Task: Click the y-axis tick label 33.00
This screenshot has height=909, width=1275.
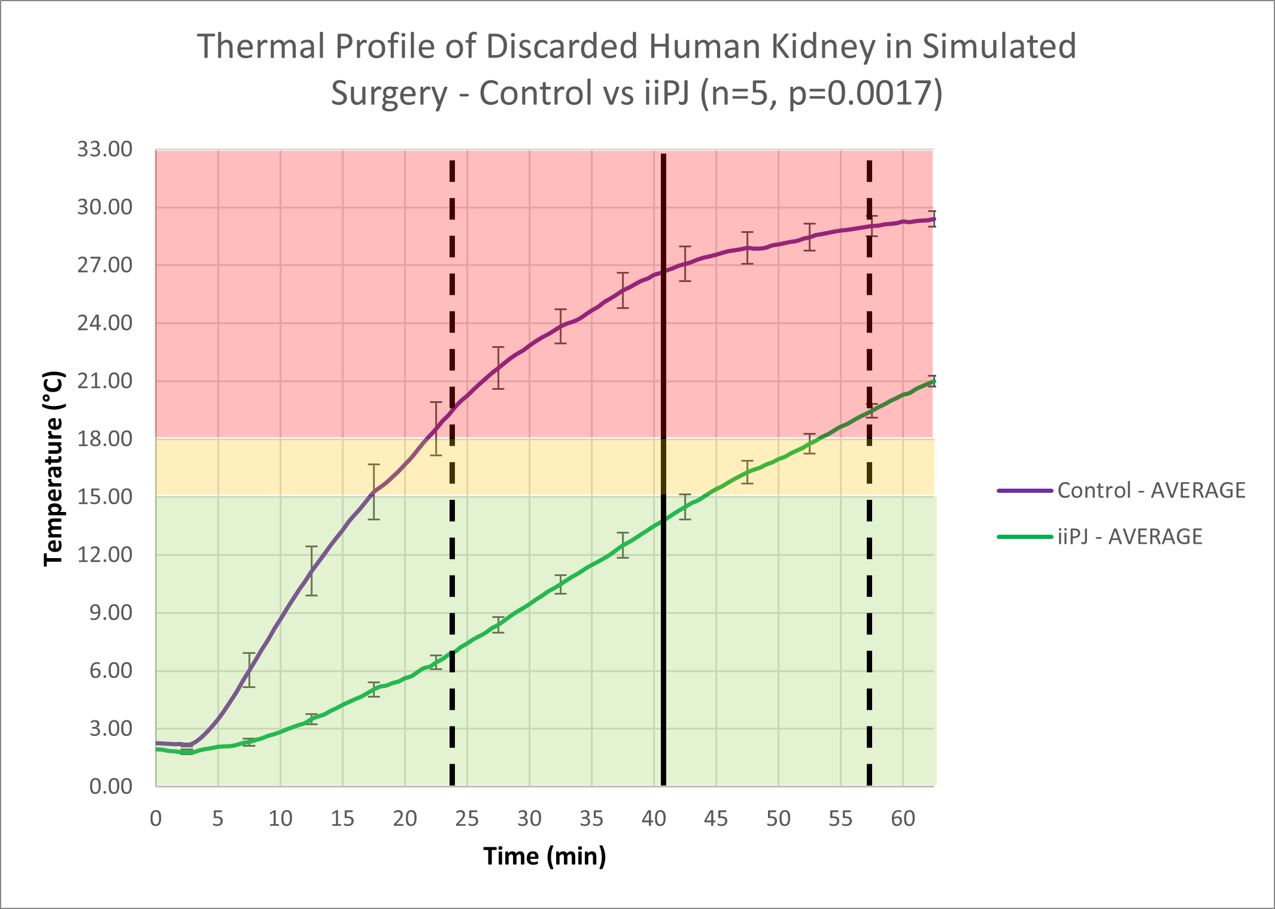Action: click(x=104, y=149)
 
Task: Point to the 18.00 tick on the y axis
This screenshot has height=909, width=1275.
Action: click(x=104, y=439)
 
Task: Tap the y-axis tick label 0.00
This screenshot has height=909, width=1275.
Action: click(x=111, y=786)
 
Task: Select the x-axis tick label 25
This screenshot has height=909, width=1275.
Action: click(x=467, y=818)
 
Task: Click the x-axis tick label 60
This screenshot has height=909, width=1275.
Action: click(x=903, y=818)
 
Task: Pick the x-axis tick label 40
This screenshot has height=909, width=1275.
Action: click(x=654, y=818)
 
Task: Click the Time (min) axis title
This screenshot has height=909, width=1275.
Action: click(x=545, y=856)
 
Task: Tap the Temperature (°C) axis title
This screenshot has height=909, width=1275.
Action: click(x=54, y=468)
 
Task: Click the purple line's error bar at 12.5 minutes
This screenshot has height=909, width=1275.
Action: click(x=311, y=571)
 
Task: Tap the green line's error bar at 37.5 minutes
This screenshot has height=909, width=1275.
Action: click(x=623, y=545)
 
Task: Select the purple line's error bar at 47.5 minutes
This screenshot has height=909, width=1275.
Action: click(x=747, y=248)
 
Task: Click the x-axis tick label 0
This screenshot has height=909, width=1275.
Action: click(x=156, y=818)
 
